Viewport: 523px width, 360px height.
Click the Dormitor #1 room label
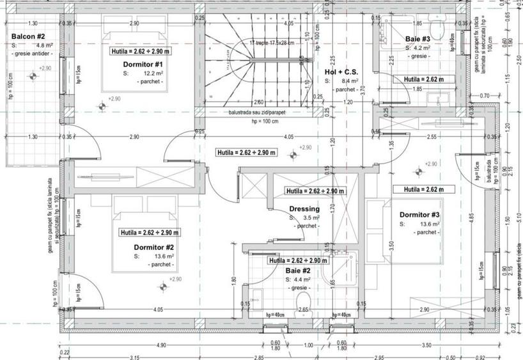[144, 65]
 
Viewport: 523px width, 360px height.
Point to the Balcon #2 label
[27, 37]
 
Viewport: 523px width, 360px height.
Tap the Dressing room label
[304, 209]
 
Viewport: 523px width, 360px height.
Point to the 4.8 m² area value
[44, 46]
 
